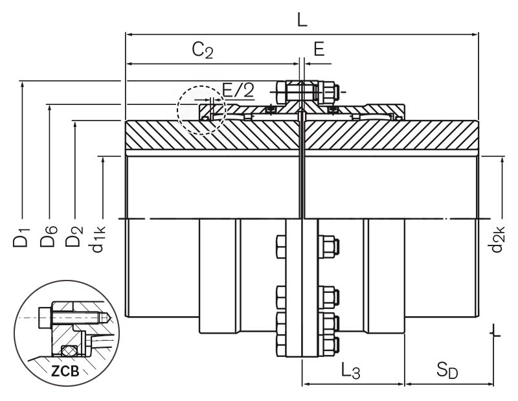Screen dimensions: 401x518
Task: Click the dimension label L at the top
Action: tap(302, 19)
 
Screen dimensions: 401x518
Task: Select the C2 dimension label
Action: tap(202, 51)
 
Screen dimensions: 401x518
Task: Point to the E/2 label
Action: tap(238, 89)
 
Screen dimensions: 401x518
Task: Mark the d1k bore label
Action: tap(100, 238)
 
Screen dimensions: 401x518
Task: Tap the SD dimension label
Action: tap(447, 371)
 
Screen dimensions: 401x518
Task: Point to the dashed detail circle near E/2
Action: tap(201, 110)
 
